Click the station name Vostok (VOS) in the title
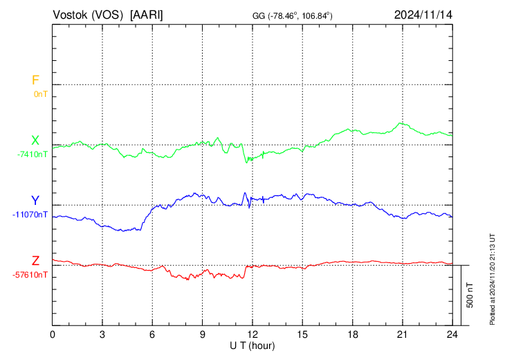pos(89,15)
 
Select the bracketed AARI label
pos(147,15)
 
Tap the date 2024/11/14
pos(423,15)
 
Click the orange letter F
pos(35,80)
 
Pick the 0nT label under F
pos(40,93)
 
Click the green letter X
pos(35,141)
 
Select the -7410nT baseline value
pos(33,154)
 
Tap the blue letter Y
pos(35,201)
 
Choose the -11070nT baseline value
pos(30,215)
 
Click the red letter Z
pos(35,261)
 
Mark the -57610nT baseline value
pos(30,275)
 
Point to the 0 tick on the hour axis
pos(53,334)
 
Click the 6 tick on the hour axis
pos(153,334)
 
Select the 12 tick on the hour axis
pos(252,334)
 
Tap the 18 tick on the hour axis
pos(352,334)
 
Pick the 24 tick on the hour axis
pos(452,334)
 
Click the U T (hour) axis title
pos(252,345)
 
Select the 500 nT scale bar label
pos(470,295)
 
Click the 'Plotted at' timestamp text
pos(493,278)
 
